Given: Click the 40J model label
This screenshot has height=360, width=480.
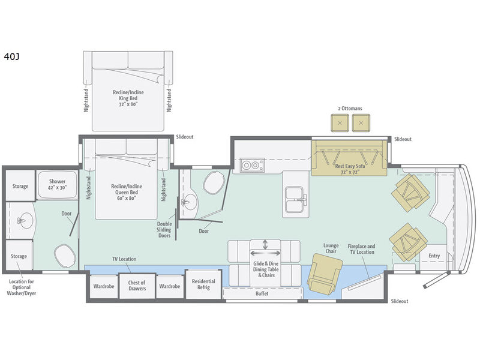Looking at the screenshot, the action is tap(11, 56).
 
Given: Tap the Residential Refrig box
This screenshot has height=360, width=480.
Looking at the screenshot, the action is tap(203, 284).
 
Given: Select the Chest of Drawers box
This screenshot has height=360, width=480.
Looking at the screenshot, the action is tap(137, 286).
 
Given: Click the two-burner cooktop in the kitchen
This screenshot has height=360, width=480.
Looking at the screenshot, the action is tap(252, 166).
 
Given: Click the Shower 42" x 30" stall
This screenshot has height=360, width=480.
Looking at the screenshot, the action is tap(57, 185).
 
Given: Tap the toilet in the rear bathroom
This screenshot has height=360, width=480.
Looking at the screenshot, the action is tap(65, 256).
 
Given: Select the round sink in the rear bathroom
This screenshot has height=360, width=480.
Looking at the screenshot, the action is tap(25, 220).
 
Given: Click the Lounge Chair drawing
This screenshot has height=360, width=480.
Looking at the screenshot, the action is tap(325, 274).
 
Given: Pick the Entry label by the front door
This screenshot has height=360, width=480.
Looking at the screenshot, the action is tap(434, 256).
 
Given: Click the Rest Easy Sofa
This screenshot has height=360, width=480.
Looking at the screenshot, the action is tap(350, 158).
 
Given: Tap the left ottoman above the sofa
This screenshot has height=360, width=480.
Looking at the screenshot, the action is tap(340, 123).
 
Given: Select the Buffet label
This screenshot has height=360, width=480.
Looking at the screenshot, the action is tap(262, 293).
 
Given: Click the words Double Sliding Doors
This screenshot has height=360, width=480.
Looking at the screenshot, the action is tap(164, 230).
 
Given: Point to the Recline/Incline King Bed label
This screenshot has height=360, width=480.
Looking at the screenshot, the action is tap(128, 98).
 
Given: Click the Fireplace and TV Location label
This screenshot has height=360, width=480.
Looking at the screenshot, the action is tap(361, 249).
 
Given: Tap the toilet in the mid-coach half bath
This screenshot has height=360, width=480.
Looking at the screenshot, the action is tap(214, 182).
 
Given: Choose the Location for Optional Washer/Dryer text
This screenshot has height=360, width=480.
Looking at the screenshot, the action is tap(22, 287).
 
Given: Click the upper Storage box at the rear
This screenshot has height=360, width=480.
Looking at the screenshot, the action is tap(20, 186).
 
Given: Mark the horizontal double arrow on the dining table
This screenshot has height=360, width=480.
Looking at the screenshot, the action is tap(265, 253).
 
